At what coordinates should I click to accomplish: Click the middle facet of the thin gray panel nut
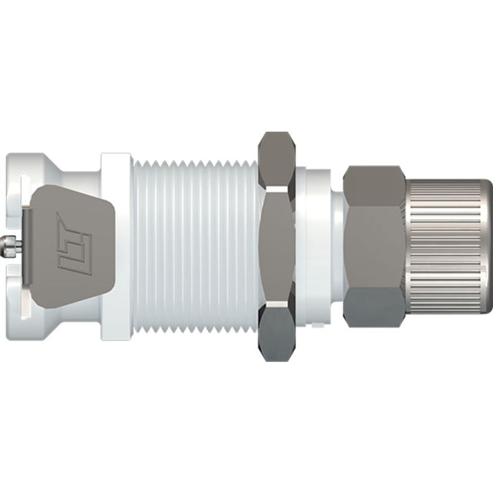pyautogui.click(x=279, y=246)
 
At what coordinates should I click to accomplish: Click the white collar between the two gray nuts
pyautogui.click(x=317, y=246)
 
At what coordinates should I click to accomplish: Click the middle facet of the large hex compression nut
pyautogui.click(x=374, y=246)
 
